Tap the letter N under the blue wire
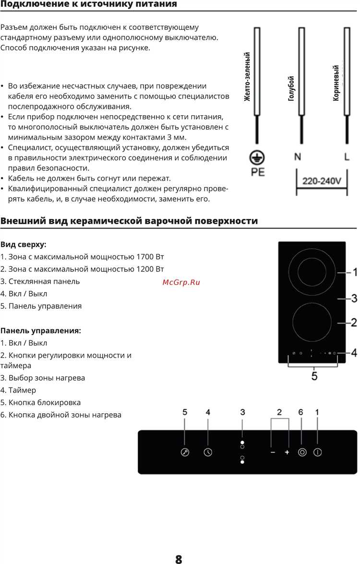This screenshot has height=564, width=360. coord(298,157)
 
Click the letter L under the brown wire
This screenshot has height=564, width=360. coord(347,157)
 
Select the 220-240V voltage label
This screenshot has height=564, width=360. coord(322,181)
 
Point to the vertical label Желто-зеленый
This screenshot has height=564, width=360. coord(248,77)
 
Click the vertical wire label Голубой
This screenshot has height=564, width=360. coord(291,89)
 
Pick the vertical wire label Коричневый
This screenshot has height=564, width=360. coord(336,83)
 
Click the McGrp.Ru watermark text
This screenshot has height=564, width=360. coord(181,282)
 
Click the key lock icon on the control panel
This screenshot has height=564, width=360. coord(185,452)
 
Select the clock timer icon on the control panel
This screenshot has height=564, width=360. coord(208,452)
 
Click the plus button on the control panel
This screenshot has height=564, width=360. coord(287,452)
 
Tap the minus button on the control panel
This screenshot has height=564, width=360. coord(272,452)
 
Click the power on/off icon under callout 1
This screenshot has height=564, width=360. coord(317,452)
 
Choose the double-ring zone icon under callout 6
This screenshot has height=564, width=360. coord(302,452)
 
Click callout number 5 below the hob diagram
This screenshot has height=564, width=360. coord(314,376)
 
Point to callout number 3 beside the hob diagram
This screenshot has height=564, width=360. coord(354,299)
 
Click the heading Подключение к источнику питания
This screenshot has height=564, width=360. coord(89,4)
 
